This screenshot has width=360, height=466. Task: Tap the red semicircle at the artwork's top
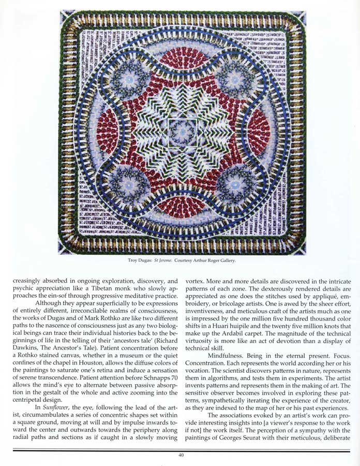point(183,58)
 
